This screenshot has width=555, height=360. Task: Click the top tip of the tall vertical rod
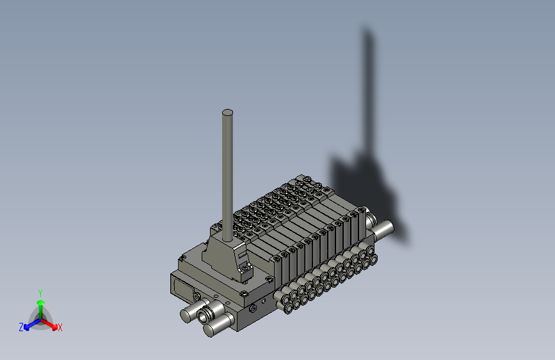(x=227, y=113)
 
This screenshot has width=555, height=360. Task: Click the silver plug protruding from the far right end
(x=385, y=229)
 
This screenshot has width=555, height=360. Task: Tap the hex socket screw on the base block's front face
(x=253, y=309)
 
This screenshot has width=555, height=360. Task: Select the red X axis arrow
(x=52, y=324)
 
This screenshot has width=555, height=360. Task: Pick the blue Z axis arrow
(x=28, y=325)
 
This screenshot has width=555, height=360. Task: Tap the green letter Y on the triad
(x=40, y=291)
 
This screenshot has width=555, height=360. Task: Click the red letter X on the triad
(x=60, y=328)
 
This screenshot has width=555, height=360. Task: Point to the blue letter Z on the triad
(x=20, y=327)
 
